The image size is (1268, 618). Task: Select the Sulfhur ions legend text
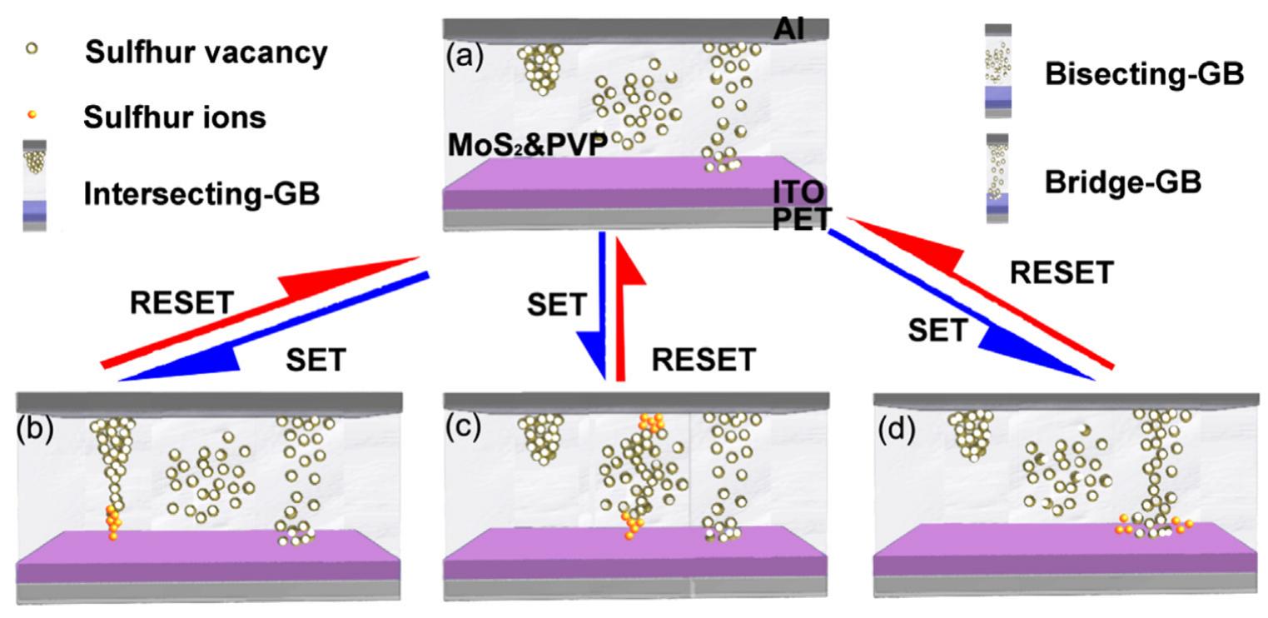[175, 117]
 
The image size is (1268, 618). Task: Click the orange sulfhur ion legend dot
[32, 114]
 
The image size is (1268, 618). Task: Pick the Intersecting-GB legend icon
[35, 185]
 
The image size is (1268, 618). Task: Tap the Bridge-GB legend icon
[997, 177]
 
